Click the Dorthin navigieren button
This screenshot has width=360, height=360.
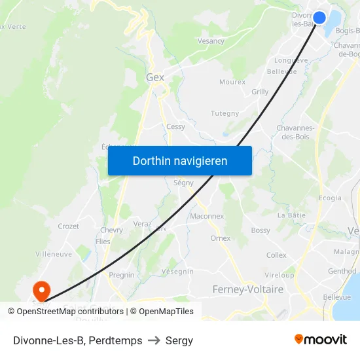180,160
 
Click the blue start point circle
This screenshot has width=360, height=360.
319,18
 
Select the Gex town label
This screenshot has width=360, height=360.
155,77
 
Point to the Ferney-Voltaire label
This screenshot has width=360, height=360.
248,289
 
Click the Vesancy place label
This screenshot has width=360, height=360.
211,41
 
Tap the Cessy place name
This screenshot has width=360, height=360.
175,127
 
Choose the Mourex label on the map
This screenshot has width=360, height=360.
232,82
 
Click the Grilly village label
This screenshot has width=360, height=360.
260,92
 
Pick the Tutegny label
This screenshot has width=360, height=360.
225,114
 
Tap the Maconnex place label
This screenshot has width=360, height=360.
207,216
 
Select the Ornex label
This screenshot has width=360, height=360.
221,238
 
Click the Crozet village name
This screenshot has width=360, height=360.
68,226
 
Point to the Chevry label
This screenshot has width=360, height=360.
111,230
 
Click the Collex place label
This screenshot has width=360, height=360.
276,255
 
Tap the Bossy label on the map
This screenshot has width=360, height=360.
261,230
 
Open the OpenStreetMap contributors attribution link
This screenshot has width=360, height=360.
65,312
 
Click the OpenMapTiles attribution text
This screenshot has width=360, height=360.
166,312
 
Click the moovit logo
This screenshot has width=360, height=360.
321,339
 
